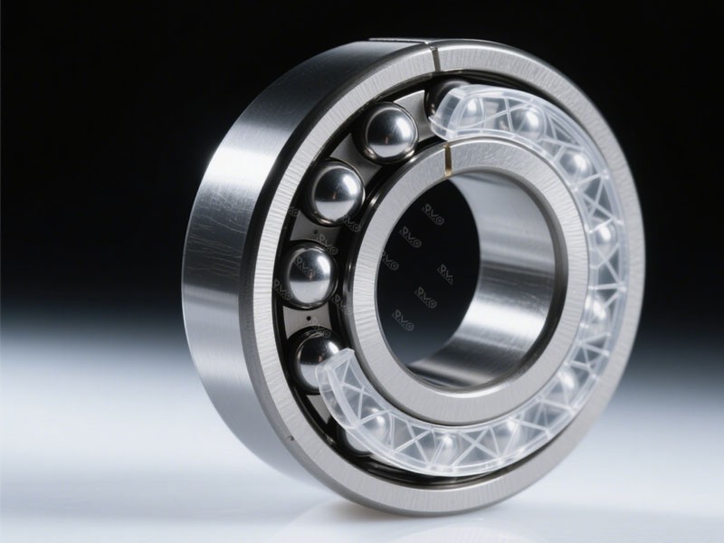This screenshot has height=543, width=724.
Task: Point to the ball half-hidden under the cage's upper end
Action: (x=450, y=101)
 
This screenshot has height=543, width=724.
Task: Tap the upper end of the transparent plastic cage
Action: (x=462, y=113)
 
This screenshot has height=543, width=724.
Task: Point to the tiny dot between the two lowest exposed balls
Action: (x=308, y=318)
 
